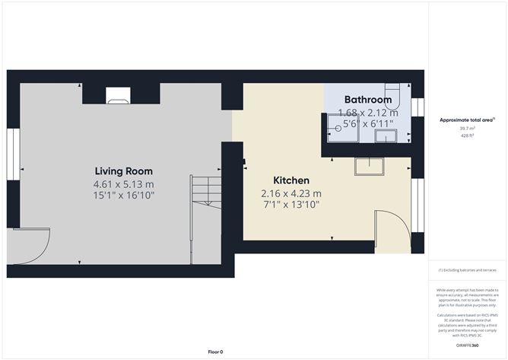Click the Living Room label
pos(123,170)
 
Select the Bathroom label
pos(368,100)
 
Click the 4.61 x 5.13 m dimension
pos(123,184)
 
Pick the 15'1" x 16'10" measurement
pos(123,196)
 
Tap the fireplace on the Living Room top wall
pos(117,94)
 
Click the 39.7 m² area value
pos(466,129)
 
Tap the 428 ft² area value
pos(466,136)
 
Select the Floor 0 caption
pos(215,352)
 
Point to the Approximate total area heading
pos(466,119)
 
